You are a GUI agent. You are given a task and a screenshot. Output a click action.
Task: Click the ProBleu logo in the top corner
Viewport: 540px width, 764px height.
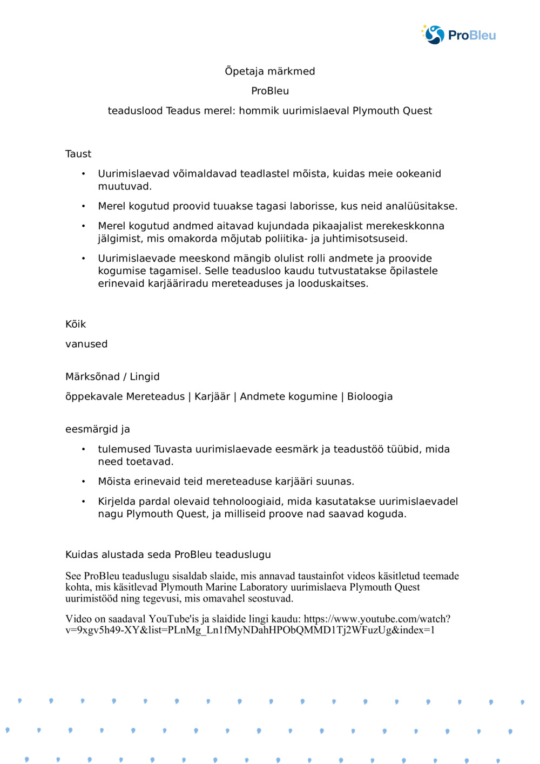coord(458,35)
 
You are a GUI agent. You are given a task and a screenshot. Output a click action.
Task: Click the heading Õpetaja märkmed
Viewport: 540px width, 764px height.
coord(269,71)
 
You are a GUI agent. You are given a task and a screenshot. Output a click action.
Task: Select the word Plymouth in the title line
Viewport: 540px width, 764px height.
coord(376,111)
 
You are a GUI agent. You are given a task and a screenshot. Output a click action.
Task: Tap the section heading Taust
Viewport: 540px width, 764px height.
coord(78,154)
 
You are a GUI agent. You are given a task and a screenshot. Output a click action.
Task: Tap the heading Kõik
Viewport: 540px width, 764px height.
coord(76,324)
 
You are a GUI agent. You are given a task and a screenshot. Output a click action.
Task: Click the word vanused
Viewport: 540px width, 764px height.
coord(86,344)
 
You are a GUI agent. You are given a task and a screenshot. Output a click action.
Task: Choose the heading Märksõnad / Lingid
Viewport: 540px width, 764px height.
coord(112,377)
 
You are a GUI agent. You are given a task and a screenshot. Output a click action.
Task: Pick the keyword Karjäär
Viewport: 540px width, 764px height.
coord(212,396)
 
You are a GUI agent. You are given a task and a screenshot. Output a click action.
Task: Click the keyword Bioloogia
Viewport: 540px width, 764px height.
coord(370,396)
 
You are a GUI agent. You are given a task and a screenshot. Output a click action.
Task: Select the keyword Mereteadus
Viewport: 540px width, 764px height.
coord(155,396)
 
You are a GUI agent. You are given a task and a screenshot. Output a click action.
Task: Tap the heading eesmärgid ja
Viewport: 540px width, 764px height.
coord(98,429)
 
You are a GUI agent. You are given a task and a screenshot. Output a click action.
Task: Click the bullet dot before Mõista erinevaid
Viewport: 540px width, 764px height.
coord(83,482)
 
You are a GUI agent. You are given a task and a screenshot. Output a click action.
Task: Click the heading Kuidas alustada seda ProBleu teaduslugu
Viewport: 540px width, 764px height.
coord(168,555)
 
